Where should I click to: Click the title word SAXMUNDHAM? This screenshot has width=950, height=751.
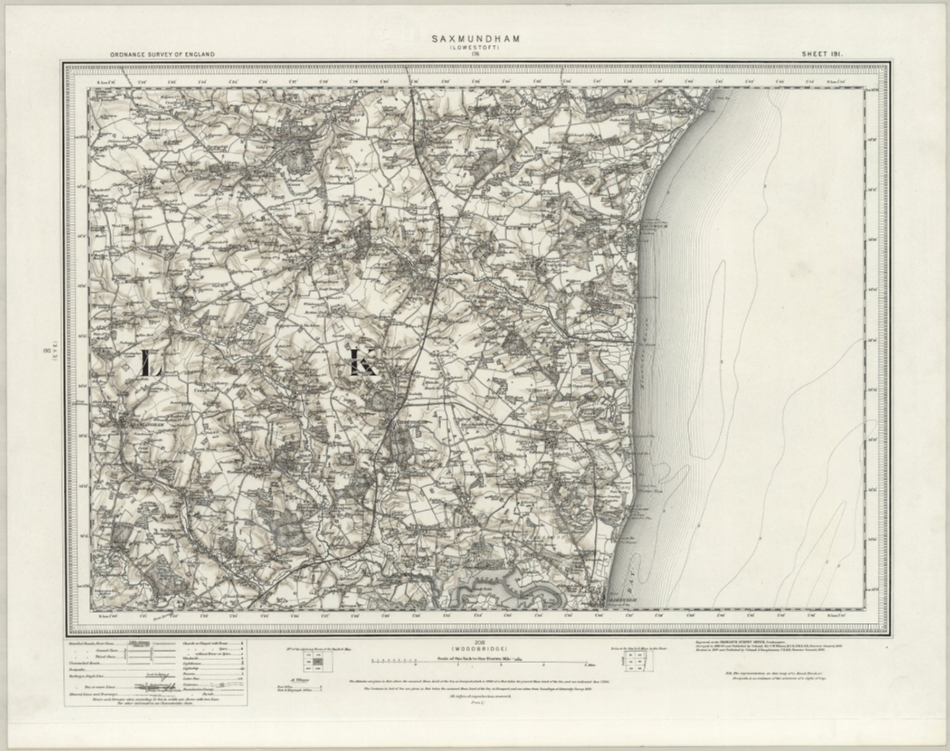point(476,39)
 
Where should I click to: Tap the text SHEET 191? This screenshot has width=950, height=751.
point(823,54)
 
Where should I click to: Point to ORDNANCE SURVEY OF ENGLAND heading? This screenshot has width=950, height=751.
point(163,54)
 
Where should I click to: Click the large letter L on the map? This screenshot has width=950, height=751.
point(150,363)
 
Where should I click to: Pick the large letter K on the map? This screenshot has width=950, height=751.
point(362,363)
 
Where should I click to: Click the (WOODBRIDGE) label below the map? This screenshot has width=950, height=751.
point(475,648)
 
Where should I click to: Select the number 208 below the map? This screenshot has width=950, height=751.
point(475,642)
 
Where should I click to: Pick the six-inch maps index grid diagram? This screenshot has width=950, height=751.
point(633,661)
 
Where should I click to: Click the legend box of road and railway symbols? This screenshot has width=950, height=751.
point(155,672)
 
